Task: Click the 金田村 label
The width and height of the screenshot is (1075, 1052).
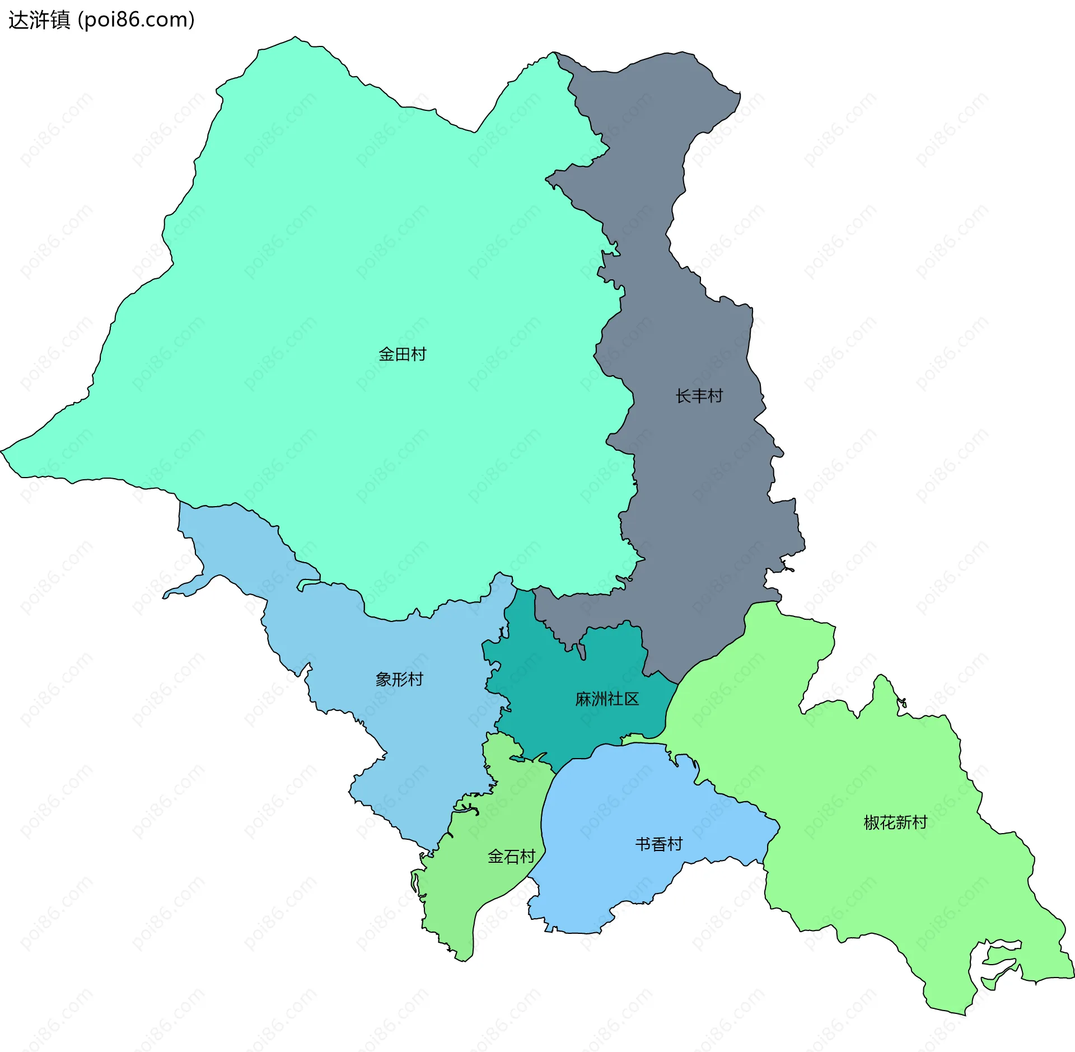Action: [402, 354]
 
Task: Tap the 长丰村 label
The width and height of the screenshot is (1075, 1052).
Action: [699, 396]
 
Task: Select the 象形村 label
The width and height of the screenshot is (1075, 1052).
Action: [399, 679]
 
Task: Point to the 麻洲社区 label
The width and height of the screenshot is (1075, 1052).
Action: [607, 699]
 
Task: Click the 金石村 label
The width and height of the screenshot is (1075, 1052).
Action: [511, 856]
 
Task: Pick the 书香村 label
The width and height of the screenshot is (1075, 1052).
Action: [658, 844]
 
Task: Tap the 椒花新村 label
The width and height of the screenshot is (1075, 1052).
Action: [895, 822]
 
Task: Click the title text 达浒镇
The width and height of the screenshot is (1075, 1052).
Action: [39, 20]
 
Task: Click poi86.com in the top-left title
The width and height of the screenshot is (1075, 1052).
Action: [136, 20]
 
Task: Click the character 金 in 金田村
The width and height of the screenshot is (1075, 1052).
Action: [386, 354]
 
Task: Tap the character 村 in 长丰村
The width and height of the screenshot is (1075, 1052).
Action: [715, 396]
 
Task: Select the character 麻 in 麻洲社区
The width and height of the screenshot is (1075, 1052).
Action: [583, 699]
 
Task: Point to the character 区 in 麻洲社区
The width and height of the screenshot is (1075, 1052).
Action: [632, 699]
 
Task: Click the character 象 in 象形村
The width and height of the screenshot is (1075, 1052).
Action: [383, 679]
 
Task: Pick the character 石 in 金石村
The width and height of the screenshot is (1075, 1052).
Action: [511, 856]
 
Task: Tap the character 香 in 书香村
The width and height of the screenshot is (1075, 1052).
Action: [658, 844]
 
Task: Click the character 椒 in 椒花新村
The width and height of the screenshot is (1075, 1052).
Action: [872, 822]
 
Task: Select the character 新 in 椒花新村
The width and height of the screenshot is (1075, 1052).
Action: [904, 822]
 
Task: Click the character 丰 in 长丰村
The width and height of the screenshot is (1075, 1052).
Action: [699, 396]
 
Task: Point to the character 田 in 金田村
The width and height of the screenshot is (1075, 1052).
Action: [402, 354]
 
